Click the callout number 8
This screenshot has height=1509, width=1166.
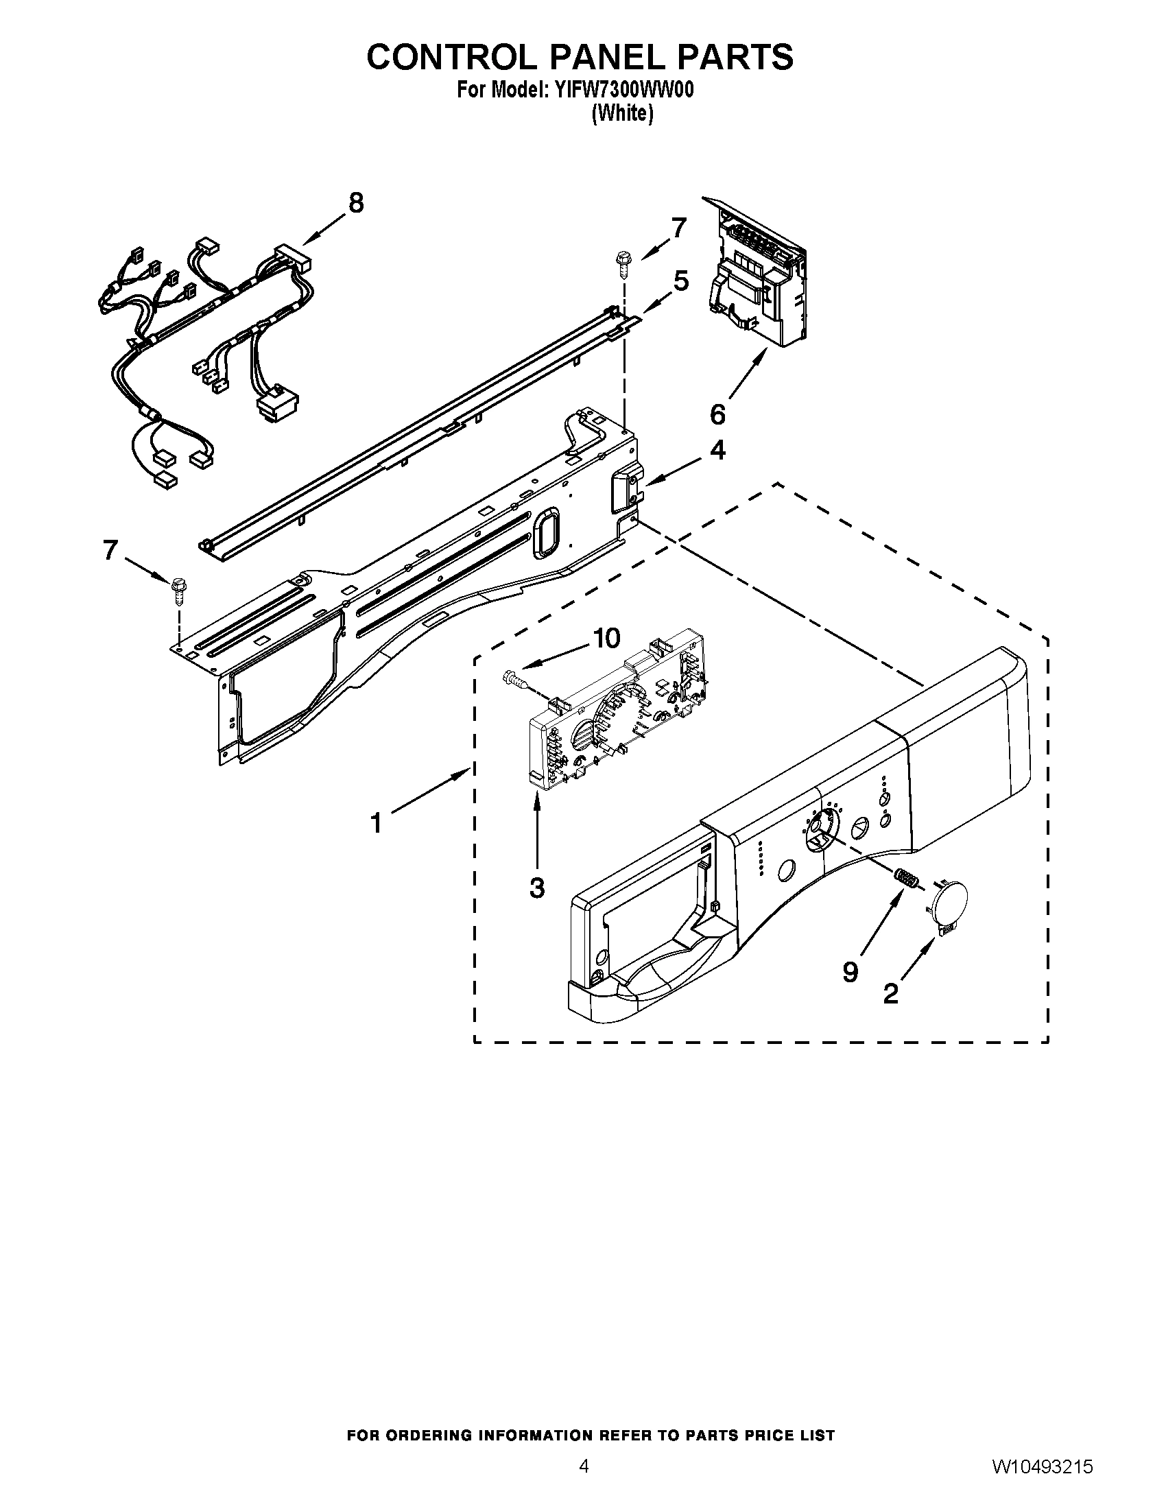click(x=355, y=203)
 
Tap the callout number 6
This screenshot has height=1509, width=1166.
click(x=717, y=414)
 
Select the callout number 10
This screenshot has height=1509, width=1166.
click(x=606, y=639)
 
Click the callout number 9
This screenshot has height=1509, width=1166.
click(x=850, y=972)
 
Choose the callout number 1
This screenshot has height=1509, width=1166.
click(x=376, y=824)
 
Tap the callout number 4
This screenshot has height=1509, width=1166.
click(x=717, y=451)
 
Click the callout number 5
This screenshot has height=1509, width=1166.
click(x=680, y=281)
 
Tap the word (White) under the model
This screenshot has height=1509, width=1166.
click(x=622, y=114)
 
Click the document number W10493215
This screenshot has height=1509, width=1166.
click(x=1043, y=1468)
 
